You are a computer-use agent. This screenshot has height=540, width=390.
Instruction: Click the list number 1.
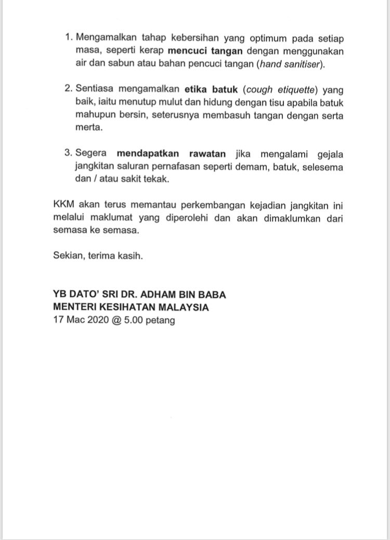click(x=67, y=39)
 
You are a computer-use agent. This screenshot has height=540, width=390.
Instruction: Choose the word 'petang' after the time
click(x=162, y=320)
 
